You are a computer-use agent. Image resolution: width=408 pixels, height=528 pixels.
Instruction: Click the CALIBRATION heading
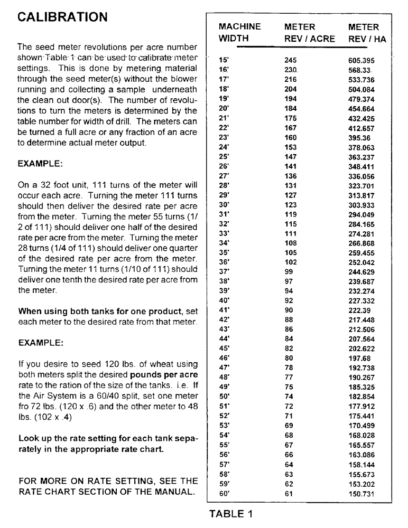pyautogui.click(x=63, y=17)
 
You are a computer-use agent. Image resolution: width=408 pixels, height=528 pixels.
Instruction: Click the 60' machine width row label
pyautogui.click(x=223, y=494)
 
